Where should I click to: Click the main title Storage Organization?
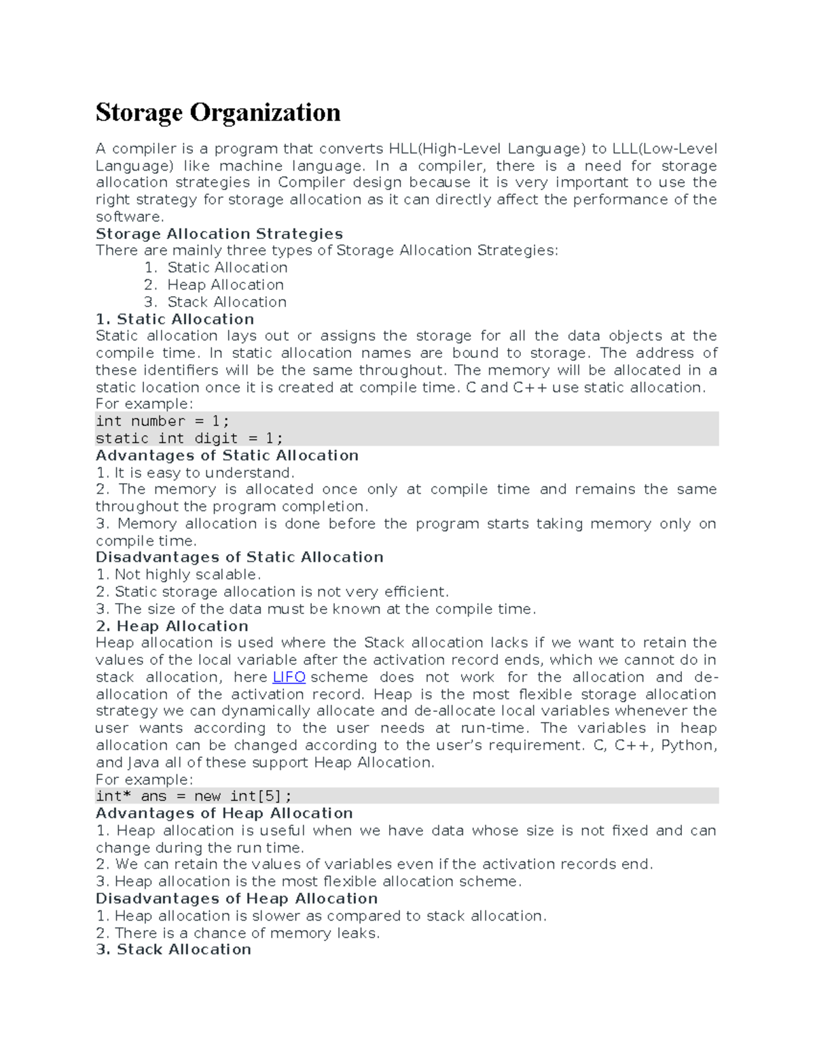pyautogui.click(x=218, y=113)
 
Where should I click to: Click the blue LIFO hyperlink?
pyautogui.click(x=289, y=677)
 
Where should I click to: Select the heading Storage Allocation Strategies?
pyautogui.click(x=219, y=234)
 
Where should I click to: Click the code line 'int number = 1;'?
pyautogui.click(x=162, y=421)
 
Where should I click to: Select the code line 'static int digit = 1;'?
pyautogui.click(x=189, y=438)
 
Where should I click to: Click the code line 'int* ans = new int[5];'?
pyautogui.click(x=194, y=796)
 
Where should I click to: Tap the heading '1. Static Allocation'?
pyautogui.click(x=175, y=319)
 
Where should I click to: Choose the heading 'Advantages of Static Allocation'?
pyautogui.click(x=227, y=455)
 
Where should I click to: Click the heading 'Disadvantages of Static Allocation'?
pyautogui.click(x=239, y=557)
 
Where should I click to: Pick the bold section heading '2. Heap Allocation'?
pyautogui.click(x=172, y=626)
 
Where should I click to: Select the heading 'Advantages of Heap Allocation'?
pyautogui.click(x=224, y=813)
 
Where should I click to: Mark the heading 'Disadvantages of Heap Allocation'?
pyautogui.click(x=236, y=898)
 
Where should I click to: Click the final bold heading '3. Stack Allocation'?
pyautogui.click(x=173, y=949)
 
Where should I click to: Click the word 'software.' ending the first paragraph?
pyautogui.click(x=130, y=217)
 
